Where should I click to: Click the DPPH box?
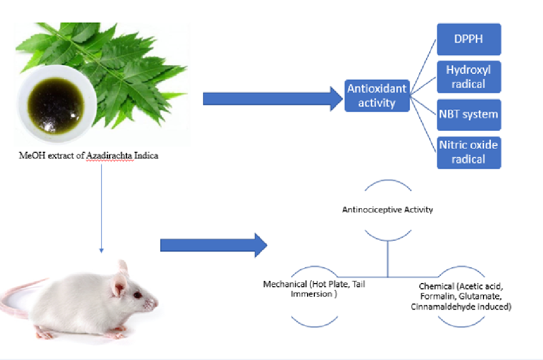(469, 39)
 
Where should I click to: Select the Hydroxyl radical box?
(469, 77)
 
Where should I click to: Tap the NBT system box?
(469, 114)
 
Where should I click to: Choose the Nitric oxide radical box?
(469, 152)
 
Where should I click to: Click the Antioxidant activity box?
(377, 95)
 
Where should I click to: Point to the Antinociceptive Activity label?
(388, 210)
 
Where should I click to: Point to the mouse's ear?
(121, 285)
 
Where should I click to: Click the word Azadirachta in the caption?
(108, 156)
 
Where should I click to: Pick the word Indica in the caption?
(145, 156)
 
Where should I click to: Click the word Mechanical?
(285, 285)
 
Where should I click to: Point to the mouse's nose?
(156, 303)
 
